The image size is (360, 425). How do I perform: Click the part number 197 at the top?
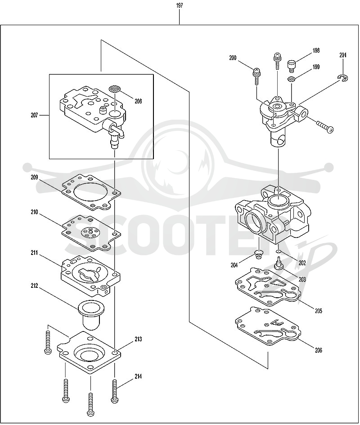(x=179, y=5)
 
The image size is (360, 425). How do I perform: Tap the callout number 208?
(x=138, y=101)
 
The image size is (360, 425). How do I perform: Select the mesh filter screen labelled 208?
(x=115, y=88)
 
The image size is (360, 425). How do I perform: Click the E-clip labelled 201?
(x=343, y=78)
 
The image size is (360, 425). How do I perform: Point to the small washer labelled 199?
(x=292, y=79)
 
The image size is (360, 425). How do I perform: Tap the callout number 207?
(x=34, y=115)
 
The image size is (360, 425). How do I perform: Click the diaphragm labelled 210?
(x=91, y=233)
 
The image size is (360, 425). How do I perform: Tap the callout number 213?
(x=138, y=339)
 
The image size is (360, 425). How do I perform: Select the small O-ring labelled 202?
(x=279, y=251)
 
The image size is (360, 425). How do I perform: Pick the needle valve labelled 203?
(x=279, y=264)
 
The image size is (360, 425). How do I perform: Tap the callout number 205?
(x=318, y=311)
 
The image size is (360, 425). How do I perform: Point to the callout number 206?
(x=318, y=350)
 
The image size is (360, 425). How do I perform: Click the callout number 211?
(x=34, y=253)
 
